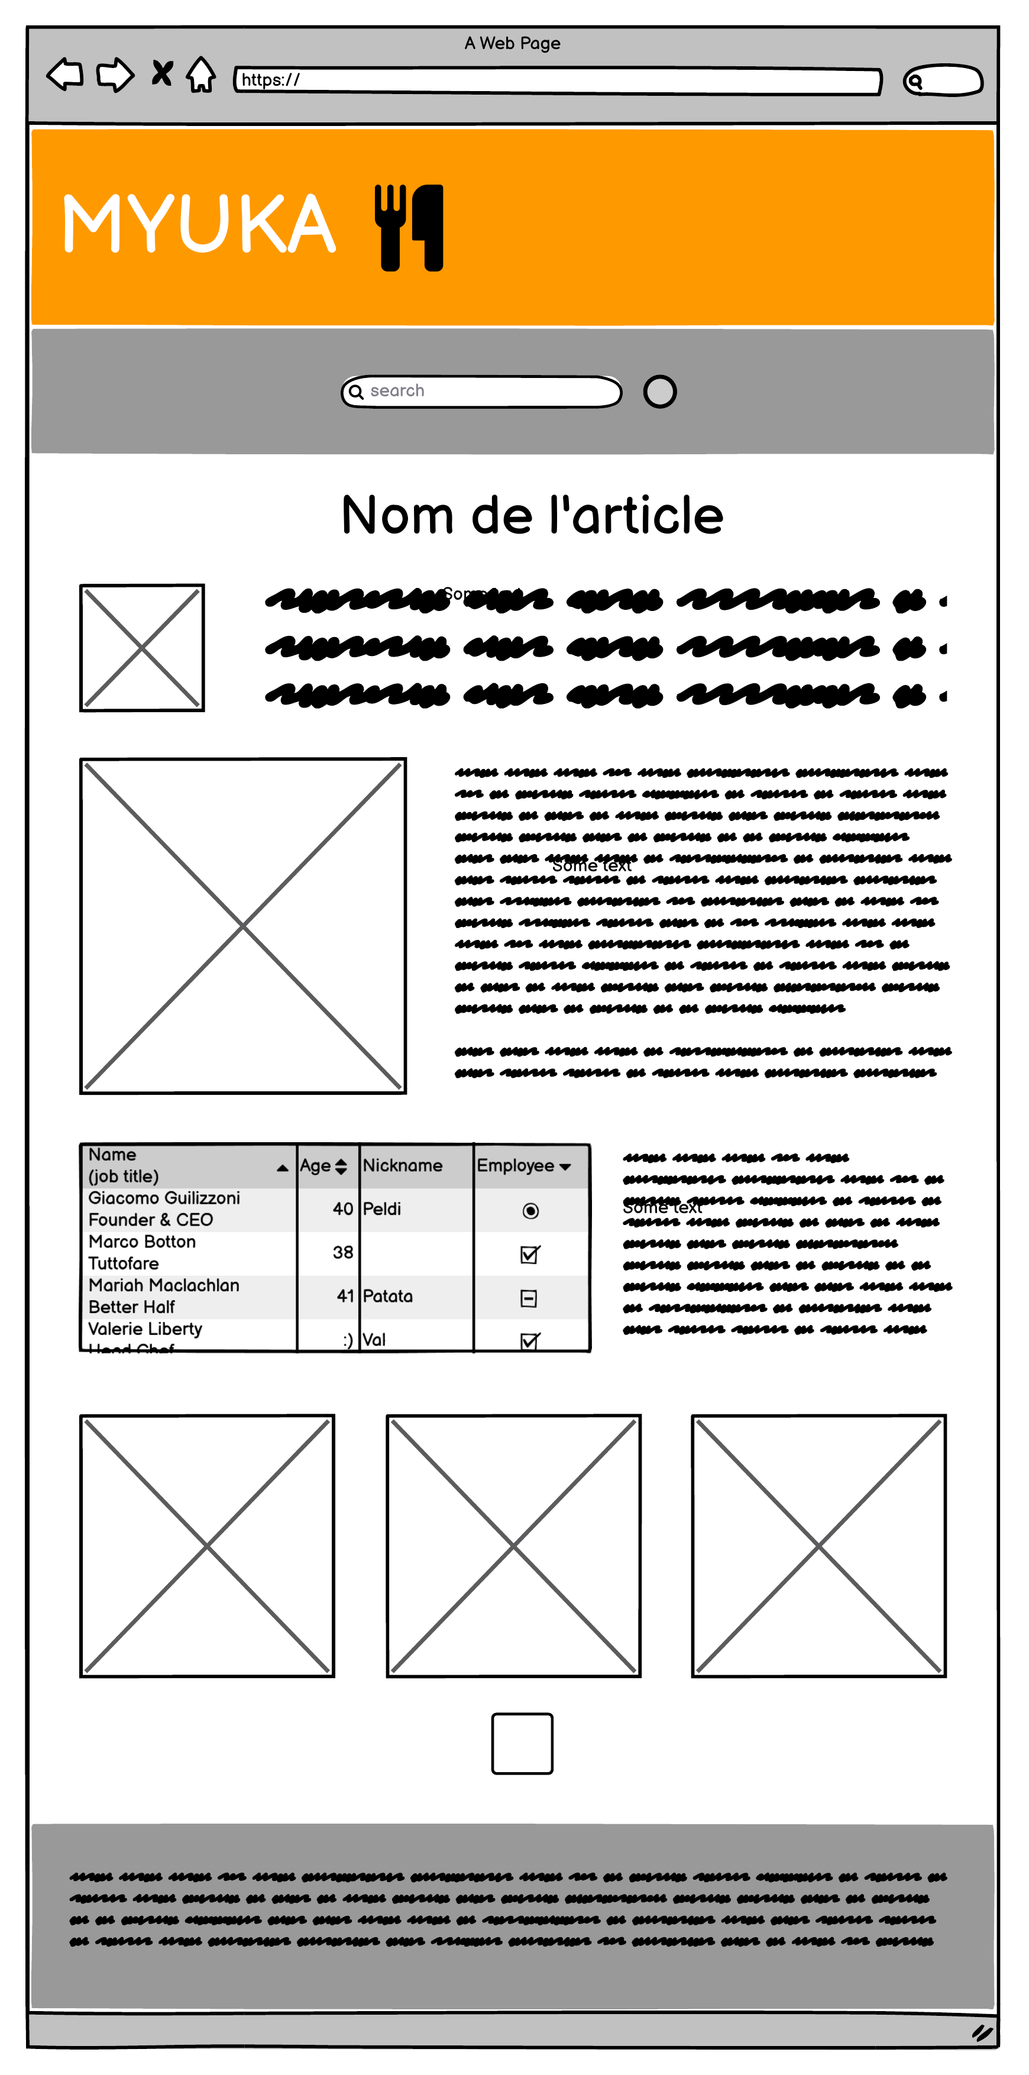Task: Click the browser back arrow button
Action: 65,75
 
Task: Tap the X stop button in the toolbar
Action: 162,74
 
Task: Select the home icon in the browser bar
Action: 200,76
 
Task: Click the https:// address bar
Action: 557,80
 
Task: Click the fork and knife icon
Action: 409,228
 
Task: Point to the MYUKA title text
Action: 199,225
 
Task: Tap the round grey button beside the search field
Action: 659,392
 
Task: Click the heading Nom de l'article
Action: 532,516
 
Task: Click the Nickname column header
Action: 403,1166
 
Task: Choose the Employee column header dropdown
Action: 524,1166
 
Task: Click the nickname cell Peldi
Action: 383,1209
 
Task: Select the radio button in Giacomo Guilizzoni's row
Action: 530,1211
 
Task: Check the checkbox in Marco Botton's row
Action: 530,1254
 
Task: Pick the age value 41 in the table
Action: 345,1296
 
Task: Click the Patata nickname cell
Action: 388,1296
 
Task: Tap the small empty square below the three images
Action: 522,1744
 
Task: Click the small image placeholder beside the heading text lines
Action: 142,648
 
